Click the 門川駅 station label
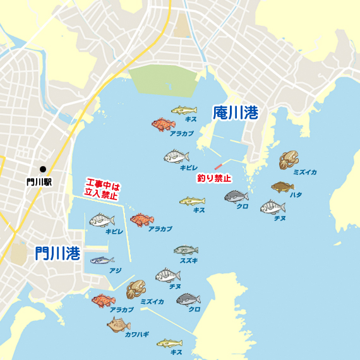39,181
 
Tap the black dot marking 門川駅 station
42,169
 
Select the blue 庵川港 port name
236,113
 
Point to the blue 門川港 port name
57,253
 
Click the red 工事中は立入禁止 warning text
102,191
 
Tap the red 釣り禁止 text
214,178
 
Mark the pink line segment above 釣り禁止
219,167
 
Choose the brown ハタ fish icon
282,186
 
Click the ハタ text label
296,195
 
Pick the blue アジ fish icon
102,260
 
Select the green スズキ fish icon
186,250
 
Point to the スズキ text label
189,260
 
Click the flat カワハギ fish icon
118,325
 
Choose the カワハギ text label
136,334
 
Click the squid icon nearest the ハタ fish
289,160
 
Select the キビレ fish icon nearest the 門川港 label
102,221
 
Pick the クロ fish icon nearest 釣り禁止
236,196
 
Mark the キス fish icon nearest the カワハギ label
169,343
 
